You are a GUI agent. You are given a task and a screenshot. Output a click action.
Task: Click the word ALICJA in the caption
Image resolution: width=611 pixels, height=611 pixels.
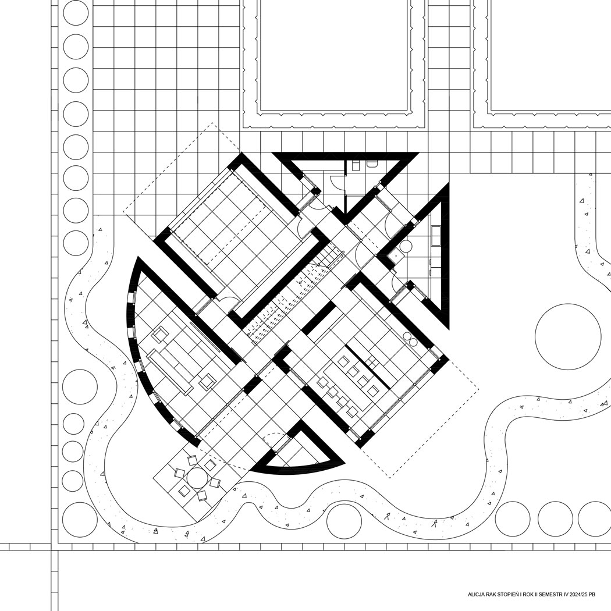pyautogui.click(x=476, y=594)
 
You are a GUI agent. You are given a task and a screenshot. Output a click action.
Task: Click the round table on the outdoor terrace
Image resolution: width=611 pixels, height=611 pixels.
pyautogui.click(x=197, y=478)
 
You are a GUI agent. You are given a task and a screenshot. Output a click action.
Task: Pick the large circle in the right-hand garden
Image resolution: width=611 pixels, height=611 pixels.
pyautogui.click(x=568, y=337)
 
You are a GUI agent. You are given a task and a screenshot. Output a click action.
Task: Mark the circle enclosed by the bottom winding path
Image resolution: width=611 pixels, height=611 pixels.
pyautogui.click(x=344, y=521)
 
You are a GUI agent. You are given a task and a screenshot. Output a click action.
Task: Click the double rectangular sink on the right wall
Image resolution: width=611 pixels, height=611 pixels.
pyautogui.click(x=435, y=235)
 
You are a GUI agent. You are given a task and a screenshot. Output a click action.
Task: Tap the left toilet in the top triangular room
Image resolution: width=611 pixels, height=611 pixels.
pyautogui.click(x=356, y=165)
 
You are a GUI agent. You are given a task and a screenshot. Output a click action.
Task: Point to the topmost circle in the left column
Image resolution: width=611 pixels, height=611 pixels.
pyautogui.click(x=76, y=13)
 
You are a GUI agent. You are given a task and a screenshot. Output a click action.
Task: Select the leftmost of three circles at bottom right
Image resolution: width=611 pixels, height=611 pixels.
pyautogui.click(x=513, y=519)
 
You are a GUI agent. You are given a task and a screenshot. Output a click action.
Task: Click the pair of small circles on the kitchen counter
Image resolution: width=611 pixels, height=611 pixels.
pyautogui.click(x=410, y=339)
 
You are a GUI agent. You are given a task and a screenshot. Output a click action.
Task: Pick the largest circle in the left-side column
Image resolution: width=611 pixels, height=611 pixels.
pyautogui.click(x=80, y=387)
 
